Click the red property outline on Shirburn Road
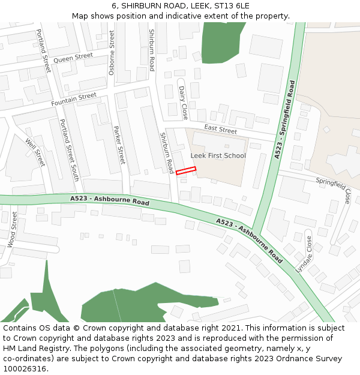tap(186, 171)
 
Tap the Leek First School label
tap(218, 156)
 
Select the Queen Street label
tap(73, 58)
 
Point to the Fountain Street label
tap(74, 100)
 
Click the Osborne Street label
tap(112, 52)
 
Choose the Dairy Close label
tap(183, 102)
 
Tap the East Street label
tap(220, 130)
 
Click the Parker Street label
tap(119, 145)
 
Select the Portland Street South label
tap(69, 150)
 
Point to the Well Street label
tap(35, 152)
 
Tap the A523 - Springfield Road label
tap(284, 119)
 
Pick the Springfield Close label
tap(343, 188)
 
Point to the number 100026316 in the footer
tap(24, 369)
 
